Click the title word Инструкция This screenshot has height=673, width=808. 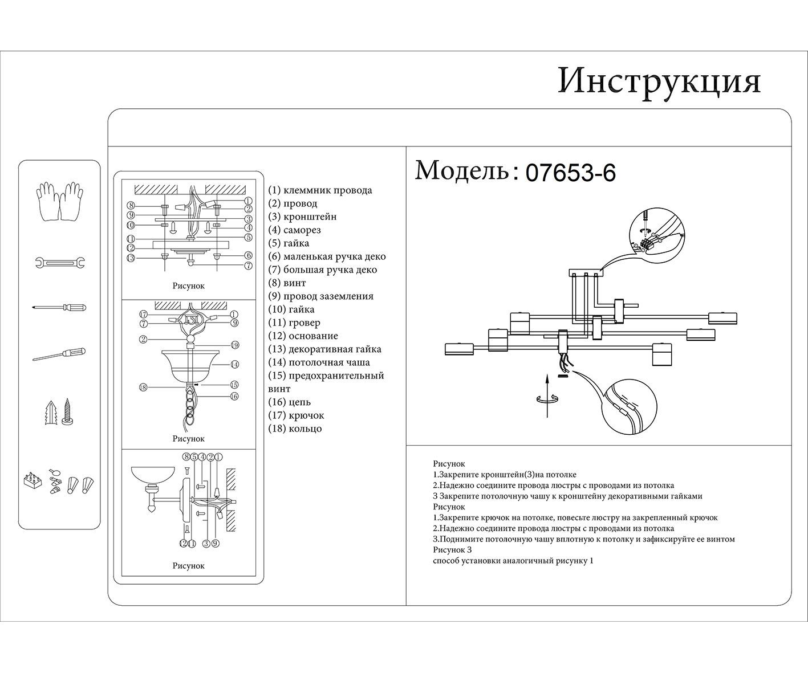coord(659,81)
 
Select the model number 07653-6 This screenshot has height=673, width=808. coord(570,173)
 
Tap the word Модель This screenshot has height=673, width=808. coord(462,170)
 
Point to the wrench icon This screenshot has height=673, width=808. coord(59,263)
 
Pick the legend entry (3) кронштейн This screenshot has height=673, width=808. coord(302,217)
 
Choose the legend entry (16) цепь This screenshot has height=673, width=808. coord(290,402)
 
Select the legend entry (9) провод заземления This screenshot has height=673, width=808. coord(320,296)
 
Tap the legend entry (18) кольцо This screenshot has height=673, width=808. coord(295,429)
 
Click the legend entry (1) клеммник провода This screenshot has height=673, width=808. coord(320,190)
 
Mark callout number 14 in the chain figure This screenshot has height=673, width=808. coord(234,364)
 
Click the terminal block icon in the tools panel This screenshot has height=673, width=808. coord(33,480)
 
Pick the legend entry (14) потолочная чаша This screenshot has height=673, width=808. coord(319,362)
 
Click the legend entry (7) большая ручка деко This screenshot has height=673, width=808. coord(322,270)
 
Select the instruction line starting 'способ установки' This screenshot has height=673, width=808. coord(513,561)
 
